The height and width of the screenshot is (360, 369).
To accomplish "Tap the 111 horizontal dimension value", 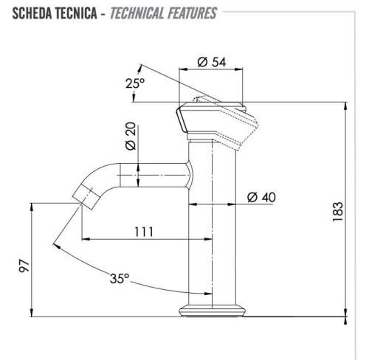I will pyautogui.click(x=144, y=231).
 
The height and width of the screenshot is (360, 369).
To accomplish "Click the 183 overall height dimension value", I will pyautogui.click(x=337, y=214).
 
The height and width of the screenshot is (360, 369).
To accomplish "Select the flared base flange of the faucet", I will pyautogui.click(x=213, y=311).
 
